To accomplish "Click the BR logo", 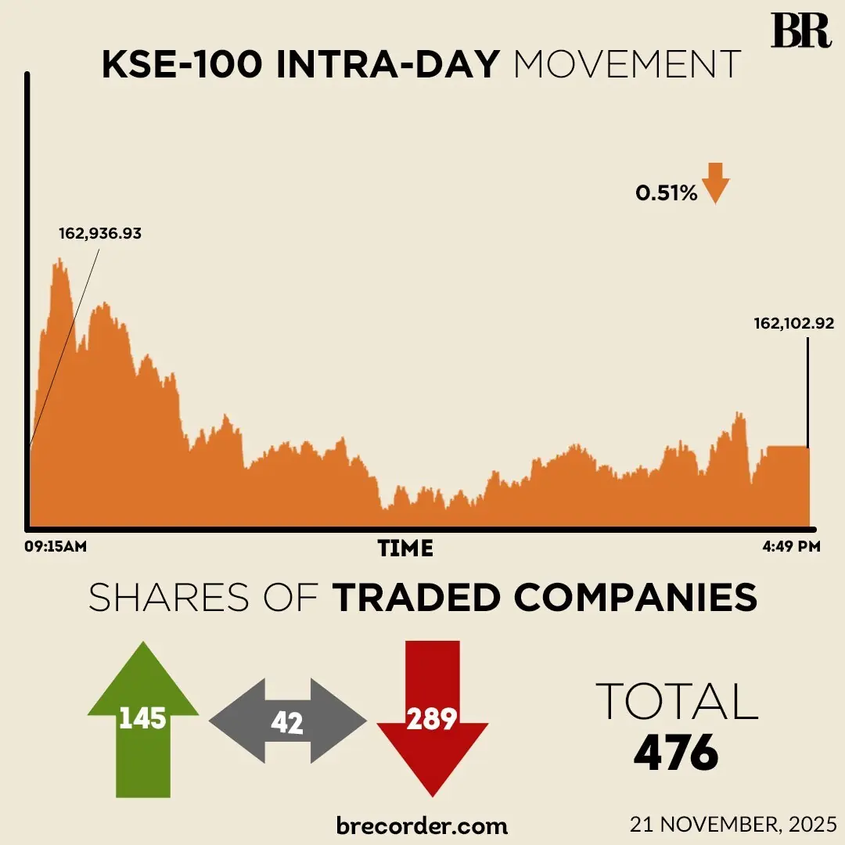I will (800, 31).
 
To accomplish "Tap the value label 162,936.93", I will (100, 233).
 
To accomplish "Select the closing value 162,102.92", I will (794, 322).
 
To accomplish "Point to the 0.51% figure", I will (666, 193).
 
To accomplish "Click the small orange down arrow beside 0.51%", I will (715, 183).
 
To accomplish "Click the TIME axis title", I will (405, 548).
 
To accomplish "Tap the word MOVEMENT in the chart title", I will (627, 66).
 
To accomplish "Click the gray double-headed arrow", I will (287, 721).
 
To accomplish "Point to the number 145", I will (142, 718).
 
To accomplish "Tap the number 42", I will (287, 723).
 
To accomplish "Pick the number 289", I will (433, 718).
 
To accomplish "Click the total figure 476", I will (676, 753).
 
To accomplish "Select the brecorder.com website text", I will (422, 825).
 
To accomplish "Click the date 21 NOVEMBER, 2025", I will (733, 824).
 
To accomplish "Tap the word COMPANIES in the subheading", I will (636, 599).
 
